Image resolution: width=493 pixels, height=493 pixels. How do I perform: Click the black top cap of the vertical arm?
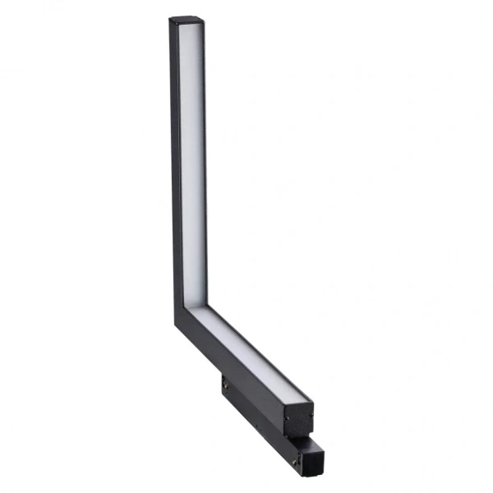[x=187, y=20]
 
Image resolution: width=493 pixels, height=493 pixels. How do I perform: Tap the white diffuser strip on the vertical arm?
[x=191, y=164]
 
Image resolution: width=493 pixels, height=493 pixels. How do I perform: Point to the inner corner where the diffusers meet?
[x=196, y=307]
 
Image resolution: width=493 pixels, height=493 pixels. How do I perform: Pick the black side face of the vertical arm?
[x=175, y=164]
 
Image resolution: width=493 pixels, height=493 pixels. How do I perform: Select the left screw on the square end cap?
[x=287, y=417]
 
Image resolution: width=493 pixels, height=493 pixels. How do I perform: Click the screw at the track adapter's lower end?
[x=293, y=462]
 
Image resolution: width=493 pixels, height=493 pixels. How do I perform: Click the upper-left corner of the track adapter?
[x=222, y=377]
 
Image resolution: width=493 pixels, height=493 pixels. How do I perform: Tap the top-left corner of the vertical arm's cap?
[x=170, y=18]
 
